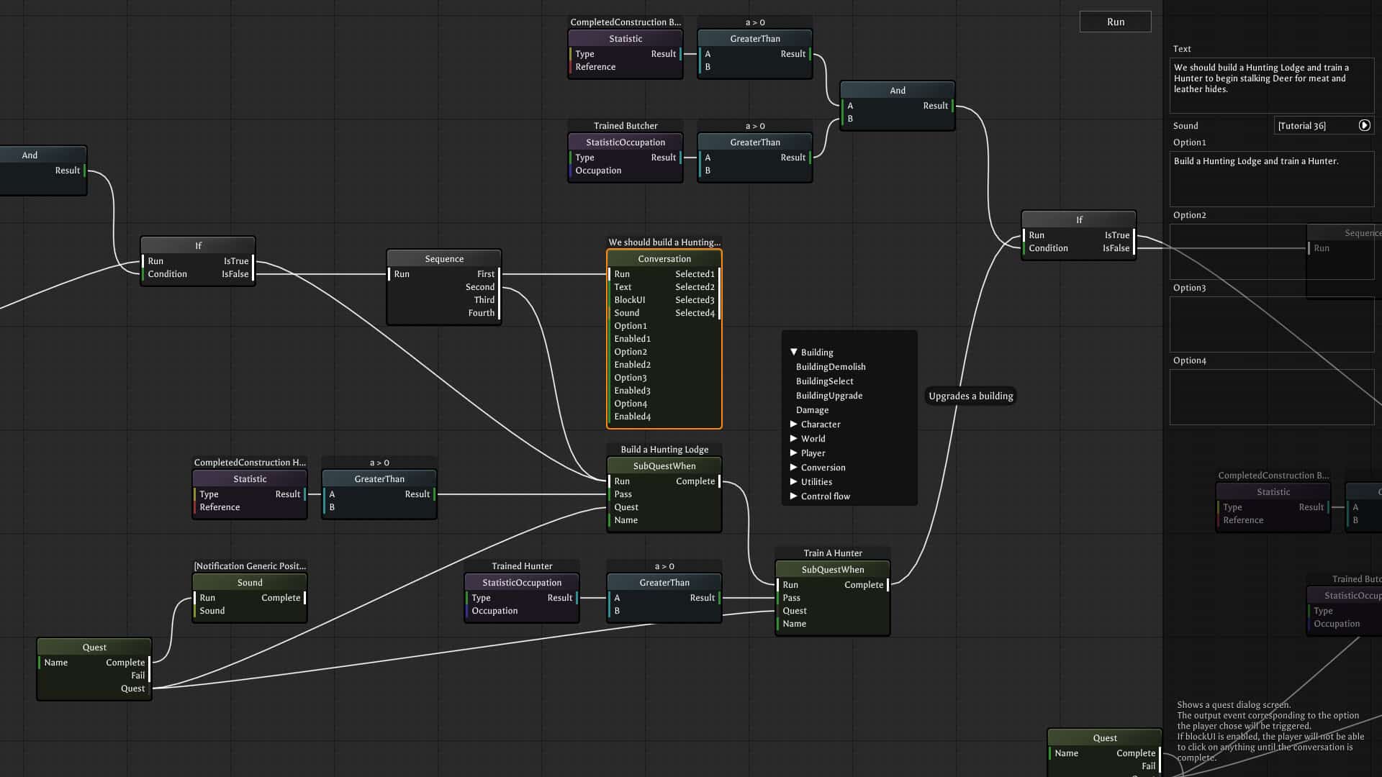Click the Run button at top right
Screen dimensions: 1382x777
point(1115,22)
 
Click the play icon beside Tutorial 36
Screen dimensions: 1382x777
point(1364,125)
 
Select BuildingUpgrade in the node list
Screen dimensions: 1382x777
point(828,396)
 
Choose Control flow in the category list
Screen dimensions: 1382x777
point(825,496)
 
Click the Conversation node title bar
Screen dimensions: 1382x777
point(664,259)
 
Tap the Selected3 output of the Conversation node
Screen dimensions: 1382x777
point(695,300)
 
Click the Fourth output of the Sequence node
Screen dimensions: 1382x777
point(481,313)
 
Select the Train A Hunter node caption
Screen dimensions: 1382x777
point(833,553)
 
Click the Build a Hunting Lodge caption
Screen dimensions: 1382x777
point(664,450)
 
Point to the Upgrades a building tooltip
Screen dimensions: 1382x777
point(970,396)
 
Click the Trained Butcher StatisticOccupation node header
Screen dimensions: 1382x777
point(625,142)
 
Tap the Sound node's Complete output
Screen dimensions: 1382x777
point(281,598)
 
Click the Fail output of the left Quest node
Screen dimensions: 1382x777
point(138,676)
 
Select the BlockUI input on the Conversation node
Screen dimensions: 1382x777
point(629,300)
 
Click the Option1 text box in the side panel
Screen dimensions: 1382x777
point(1271,178)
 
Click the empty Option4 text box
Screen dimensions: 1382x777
point(1271,396)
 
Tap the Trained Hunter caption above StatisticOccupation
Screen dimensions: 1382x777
point(522,566)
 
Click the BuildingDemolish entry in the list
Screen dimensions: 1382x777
point(831,367)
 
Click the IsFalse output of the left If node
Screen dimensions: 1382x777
point(235,274)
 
